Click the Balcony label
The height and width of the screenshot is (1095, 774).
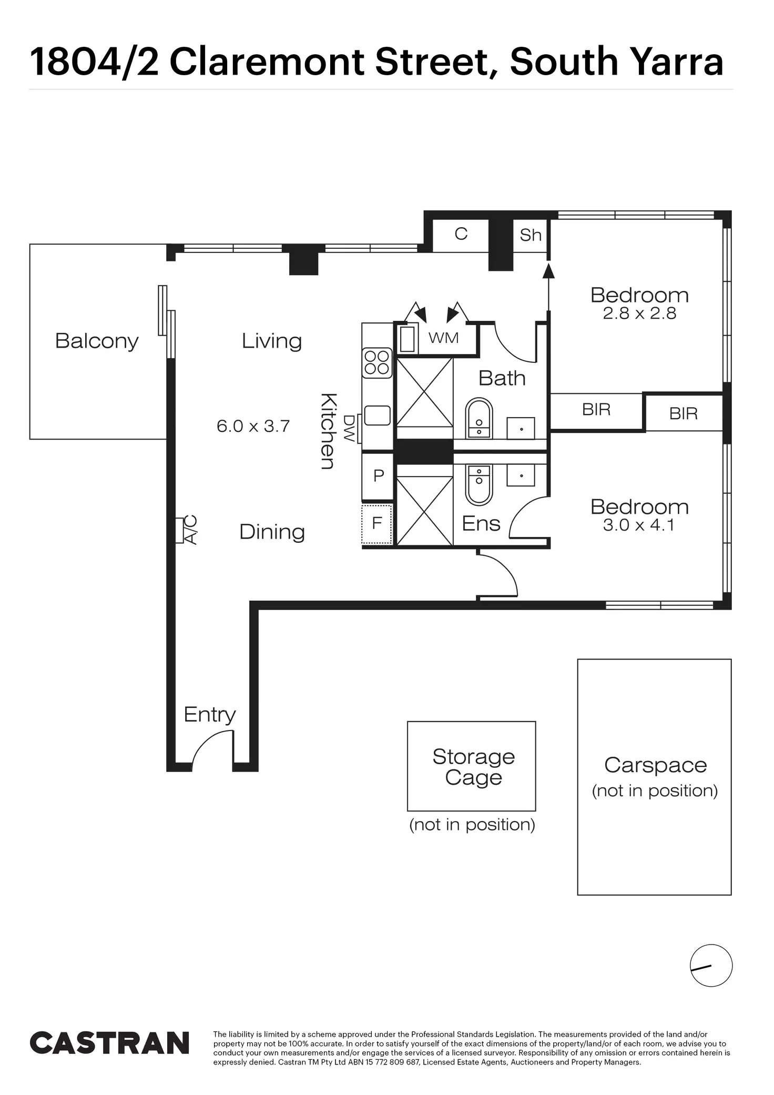pos(97,341)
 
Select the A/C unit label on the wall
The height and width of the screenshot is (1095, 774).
pos(189,530)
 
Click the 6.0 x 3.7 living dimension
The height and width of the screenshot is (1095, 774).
pos(253,426)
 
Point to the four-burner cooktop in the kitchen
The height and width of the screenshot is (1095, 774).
pos(377,362)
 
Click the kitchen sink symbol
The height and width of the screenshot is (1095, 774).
pos(377,415)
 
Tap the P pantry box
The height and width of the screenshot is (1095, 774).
pos(378,476)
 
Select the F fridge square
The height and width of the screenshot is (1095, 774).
pos(377,524)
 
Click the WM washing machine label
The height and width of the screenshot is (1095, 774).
pos(444,338)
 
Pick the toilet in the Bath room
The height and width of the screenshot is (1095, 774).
pos(479,418)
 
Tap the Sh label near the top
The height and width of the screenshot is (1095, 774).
pos(530,235)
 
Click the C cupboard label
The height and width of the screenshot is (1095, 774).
pos(461,234)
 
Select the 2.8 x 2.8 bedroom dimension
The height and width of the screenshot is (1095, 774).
pos(639,314)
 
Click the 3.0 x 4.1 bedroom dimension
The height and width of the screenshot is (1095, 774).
pos(639,525)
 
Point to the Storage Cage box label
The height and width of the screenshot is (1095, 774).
pos(473,767)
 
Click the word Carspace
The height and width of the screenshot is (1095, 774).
pos(655,765)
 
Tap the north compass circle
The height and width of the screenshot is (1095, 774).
pos(711,966)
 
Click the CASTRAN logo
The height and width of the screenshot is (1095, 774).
pos(109,1043)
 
